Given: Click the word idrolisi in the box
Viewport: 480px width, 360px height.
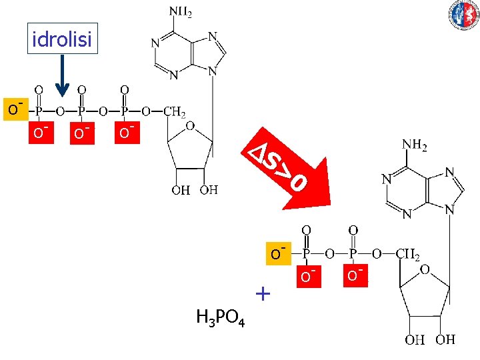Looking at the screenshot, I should click(x=62, y=40).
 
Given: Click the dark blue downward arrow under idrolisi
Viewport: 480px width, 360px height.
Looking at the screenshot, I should click(x=62, y=76).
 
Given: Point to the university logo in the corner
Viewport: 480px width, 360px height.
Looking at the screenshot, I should click(x=464, y=15).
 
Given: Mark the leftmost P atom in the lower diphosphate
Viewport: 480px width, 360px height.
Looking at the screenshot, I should click(x=307, y=254).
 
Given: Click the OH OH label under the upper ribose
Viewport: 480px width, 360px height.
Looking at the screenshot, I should click(x=194, y=191).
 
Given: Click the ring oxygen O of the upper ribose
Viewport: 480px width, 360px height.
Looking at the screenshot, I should click(x=190, y=126).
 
